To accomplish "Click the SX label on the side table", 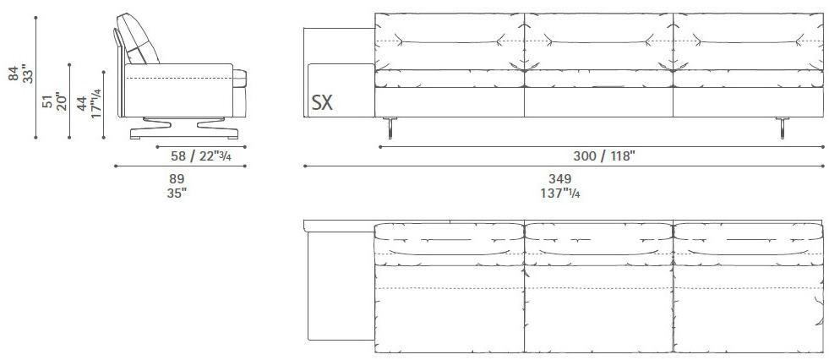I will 322,103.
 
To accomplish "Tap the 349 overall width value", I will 559,178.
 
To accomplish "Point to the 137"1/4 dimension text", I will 559,193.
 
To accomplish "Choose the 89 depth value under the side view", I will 177,178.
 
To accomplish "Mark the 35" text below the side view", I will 177,192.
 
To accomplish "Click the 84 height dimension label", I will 13,75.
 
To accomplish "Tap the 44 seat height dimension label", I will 80,104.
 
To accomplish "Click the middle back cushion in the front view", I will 598,41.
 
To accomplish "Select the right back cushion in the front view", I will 748,41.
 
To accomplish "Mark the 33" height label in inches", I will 27,75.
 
